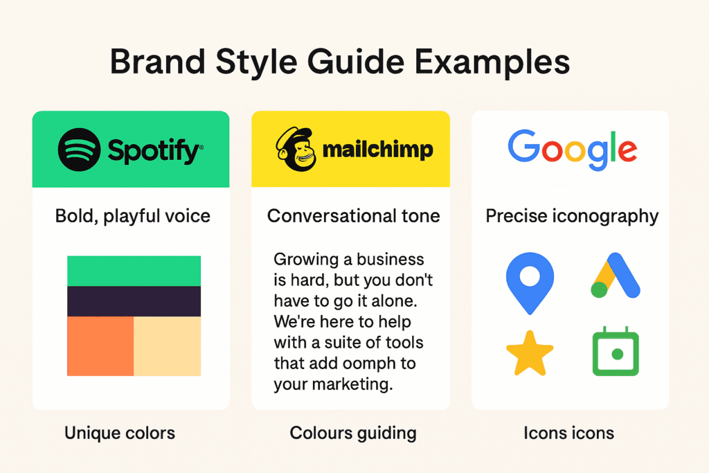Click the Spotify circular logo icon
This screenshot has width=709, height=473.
point(79,150)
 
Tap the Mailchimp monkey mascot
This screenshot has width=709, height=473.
point(296,149)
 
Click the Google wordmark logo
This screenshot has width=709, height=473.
point(573,150)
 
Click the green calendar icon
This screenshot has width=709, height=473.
point(616,351)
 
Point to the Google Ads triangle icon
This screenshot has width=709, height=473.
point(616,275)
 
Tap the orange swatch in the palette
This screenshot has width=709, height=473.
point(100,346)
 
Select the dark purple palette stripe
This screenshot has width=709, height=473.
point(134,301)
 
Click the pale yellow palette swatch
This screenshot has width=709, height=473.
point(168,346)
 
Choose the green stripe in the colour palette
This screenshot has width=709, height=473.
point(134,271)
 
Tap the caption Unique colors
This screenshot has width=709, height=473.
point(120,433)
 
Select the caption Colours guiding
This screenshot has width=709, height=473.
point(353,434)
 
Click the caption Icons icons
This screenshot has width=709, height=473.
point(569,433)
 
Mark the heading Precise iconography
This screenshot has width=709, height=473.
point(572,216)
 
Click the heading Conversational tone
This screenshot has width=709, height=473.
point(354,215)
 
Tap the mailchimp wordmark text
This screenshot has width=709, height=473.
point(377,150)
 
